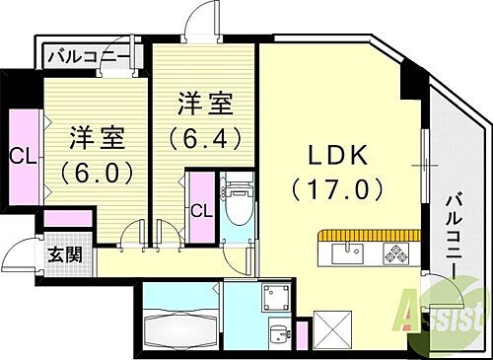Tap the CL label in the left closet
19,155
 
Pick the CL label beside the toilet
200,209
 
